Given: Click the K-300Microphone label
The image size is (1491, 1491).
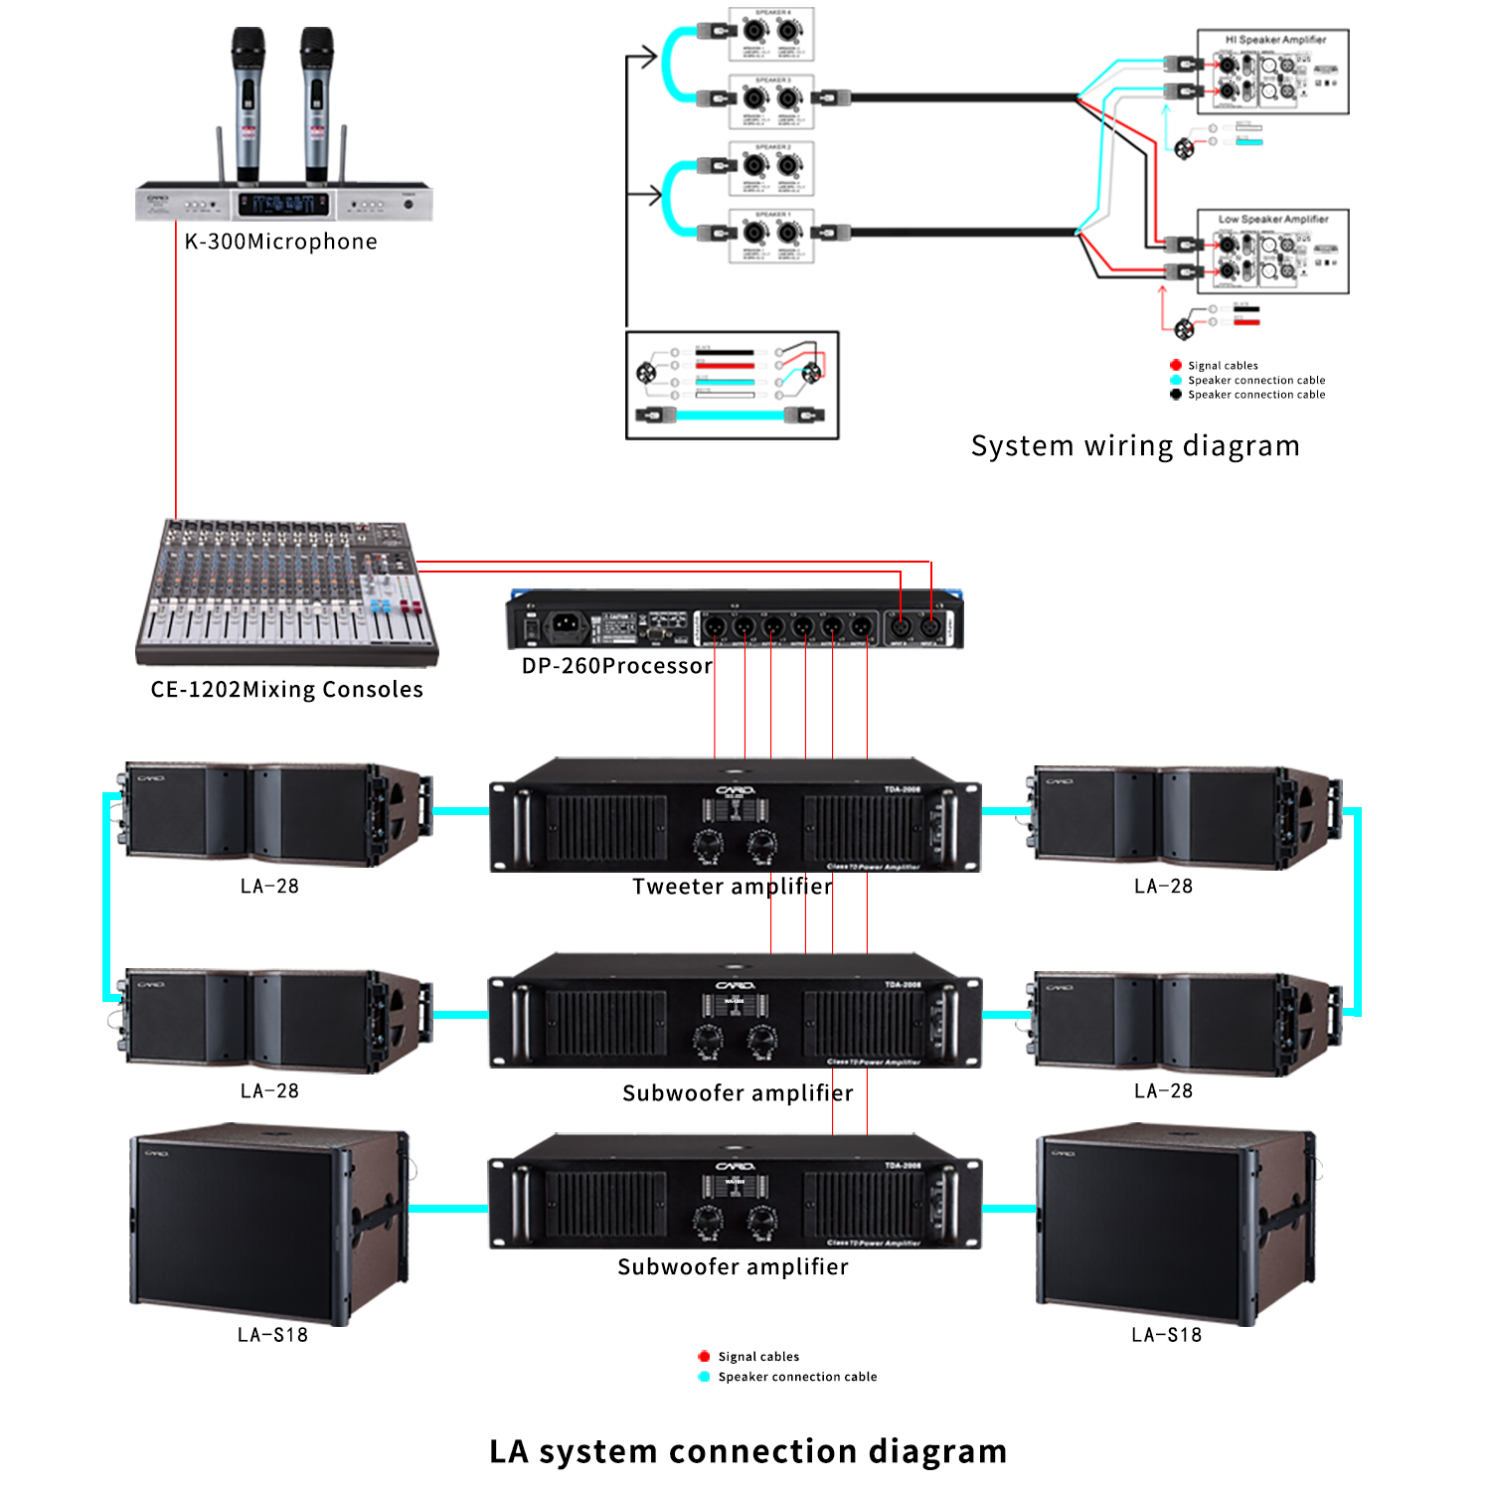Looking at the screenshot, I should coord(280,242).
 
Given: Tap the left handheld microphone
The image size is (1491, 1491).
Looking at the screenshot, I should coord(248,103).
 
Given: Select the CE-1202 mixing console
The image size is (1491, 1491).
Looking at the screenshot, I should coord(286,592).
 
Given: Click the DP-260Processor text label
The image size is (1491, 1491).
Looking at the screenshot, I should coord(616,666).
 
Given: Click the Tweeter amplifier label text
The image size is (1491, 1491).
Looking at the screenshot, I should coord(733,887).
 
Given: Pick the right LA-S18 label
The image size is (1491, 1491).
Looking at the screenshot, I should coord(1166,1335).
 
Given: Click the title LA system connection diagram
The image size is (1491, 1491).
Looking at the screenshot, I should coord(747,1451).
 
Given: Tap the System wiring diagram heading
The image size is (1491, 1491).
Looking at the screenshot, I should coord(1135,445).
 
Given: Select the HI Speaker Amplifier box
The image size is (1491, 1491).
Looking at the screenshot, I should coord(1273,72).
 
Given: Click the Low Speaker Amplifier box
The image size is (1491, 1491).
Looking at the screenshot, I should coord(1273,251).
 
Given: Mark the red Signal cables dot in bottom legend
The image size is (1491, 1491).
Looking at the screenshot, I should coord(704,1356).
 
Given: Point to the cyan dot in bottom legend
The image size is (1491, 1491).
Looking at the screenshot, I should coord(704,1377).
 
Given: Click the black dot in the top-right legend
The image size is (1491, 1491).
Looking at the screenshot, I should coord(1176,395).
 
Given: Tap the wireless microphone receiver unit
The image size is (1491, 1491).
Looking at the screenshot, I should coord(284,203).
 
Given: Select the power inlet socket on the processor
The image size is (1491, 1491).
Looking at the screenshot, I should coord(565,624).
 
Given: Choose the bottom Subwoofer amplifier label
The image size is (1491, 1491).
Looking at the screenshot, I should coord(733,1267).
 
